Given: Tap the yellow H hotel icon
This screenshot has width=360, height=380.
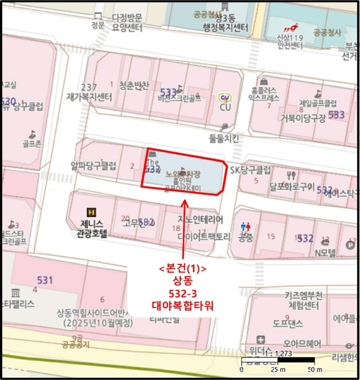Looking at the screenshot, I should pos(92,212).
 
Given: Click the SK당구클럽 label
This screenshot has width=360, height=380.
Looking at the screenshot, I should pos(250,170).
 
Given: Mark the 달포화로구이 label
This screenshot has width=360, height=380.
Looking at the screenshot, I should pos(292,188).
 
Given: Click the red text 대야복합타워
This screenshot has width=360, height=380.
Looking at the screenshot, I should pos(182,306).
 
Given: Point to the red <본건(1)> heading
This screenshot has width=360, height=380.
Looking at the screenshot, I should pos(183,269).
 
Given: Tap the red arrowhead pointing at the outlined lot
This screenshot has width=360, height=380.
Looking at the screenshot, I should pos(185,202).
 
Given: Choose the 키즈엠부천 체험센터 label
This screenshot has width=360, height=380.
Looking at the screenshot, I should pos(304,300).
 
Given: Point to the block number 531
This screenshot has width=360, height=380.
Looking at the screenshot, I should pos(45,280).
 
